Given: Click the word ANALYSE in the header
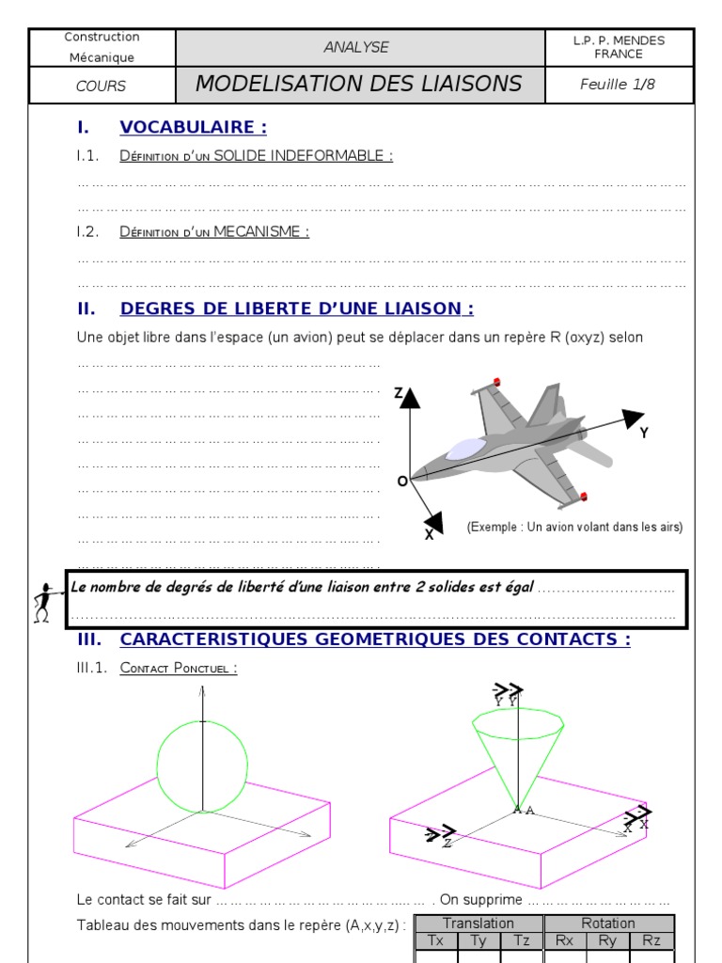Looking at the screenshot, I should (x=356, y=47).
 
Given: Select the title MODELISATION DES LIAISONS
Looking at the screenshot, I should (x=358, y=84).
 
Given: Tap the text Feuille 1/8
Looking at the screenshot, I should (x=618, y=84).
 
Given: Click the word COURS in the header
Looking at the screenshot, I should (x=101, y=86).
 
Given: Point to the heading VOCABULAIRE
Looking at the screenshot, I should (x=193, y=127).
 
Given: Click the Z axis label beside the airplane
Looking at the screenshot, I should (x=399, y=393).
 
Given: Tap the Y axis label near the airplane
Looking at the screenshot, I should (x=644, y=433).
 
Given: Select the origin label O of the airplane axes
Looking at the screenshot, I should (x=402, y=481).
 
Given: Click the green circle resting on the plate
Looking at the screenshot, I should (x=202, y=766).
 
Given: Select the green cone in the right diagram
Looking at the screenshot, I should (x=516, y=752).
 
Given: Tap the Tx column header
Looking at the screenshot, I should (x=435, y=940).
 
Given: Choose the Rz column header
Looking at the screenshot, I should (x=651, y=940).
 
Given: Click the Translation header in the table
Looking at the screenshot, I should (x=478, y=924).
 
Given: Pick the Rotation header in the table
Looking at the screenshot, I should (x=608, y=924).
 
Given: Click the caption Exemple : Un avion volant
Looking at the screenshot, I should (x=574, y=528).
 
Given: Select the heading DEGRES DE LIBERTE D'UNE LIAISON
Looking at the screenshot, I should (x=296, y=308).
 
